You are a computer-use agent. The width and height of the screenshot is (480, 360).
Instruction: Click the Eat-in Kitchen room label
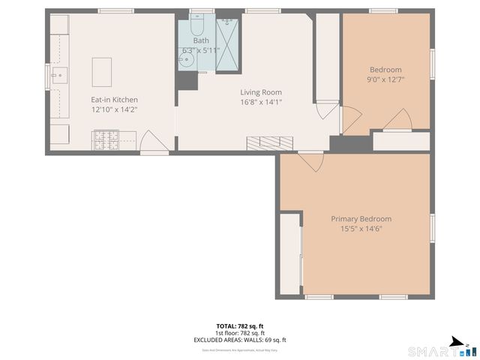114,100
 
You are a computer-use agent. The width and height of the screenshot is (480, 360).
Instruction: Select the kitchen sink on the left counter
59,74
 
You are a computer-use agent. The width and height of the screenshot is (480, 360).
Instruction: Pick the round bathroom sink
187,58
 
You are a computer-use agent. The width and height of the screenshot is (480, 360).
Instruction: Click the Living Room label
260,92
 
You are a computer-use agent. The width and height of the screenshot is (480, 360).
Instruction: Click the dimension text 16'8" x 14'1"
260,103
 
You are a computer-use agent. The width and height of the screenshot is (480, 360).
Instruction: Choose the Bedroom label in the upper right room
385,70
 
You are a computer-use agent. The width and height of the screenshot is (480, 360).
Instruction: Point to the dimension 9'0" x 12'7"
385,79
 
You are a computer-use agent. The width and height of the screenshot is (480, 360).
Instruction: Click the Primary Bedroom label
361,219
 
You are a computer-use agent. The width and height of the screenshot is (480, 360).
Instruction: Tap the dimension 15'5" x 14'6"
361,229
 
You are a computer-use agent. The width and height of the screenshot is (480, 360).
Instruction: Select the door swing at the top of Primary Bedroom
310,160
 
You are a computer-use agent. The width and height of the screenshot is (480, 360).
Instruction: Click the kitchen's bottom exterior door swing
150,142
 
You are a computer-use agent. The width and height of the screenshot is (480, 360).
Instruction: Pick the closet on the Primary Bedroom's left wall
289,253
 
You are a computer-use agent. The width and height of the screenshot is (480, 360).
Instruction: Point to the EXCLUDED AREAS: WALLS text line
240,340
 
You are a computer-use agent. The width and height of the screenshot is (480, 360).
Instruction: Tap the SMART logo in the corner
442,350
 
